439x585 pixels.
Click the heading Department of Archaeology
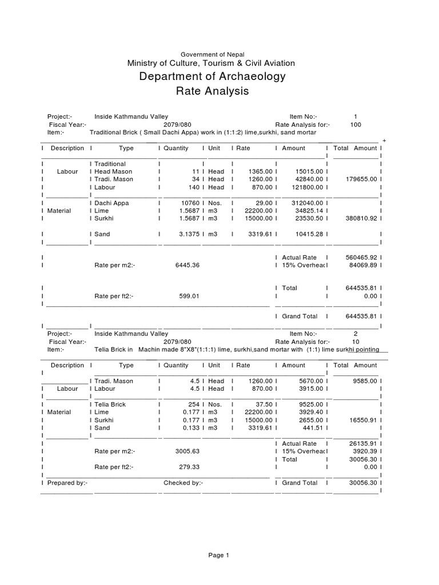(x=212, y=77)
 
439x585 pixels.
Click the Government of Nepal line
(x=212, y=54)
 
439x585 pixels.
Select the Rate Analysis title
(x=212, y=91)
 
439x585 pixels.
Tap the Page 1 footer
(x=219, y=555)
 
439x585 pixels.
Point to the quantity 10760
(x=190, y=203)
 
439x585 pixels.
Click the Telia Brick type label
(x=110, y=404)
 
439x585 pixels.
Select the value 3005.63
(x=187, y=451)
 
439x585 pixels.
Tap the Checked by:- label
(x=183, y=483)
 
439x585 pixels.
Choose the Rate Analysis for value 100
(x=356, y=125)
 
